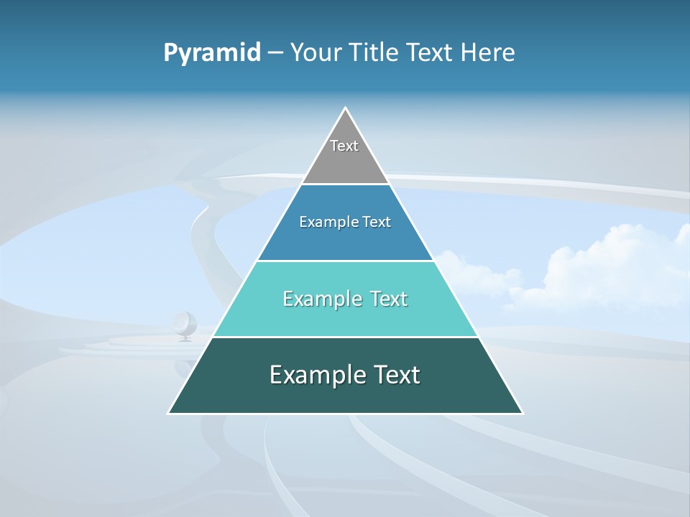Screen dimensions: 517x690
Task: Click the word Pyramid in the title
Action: pyautogui.click(x=212, y=53)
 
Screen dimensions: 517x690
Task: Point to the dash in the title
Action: pyautogui.click(x=275, y=53)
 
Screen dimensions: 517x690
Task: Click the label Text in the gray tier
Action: pyautogui.click(x=344, y=146)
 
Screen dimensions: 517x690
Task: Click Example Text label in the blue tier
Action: pyautogui.click(x=345, y=222)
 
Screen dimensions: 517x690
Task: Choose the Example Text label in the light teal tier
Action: pyautogui.click(x=345, y=299)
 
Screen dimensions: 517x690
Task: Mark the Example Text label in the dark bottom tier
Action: pyautogui.click(x=345, y=375)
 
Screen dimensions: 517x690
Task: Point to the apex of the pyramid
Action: pyautogui.click(x=346, y=109)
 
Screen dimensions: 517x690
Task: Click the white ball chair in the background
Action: pyautogui.click(x=185, y=325)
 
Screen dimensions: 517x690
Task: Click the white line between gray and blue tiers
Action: pyautogui.click(x=345, y=184)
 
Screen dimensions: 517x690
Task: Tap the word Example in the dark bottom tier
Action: pyautogui.click(x=310, y=375)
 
